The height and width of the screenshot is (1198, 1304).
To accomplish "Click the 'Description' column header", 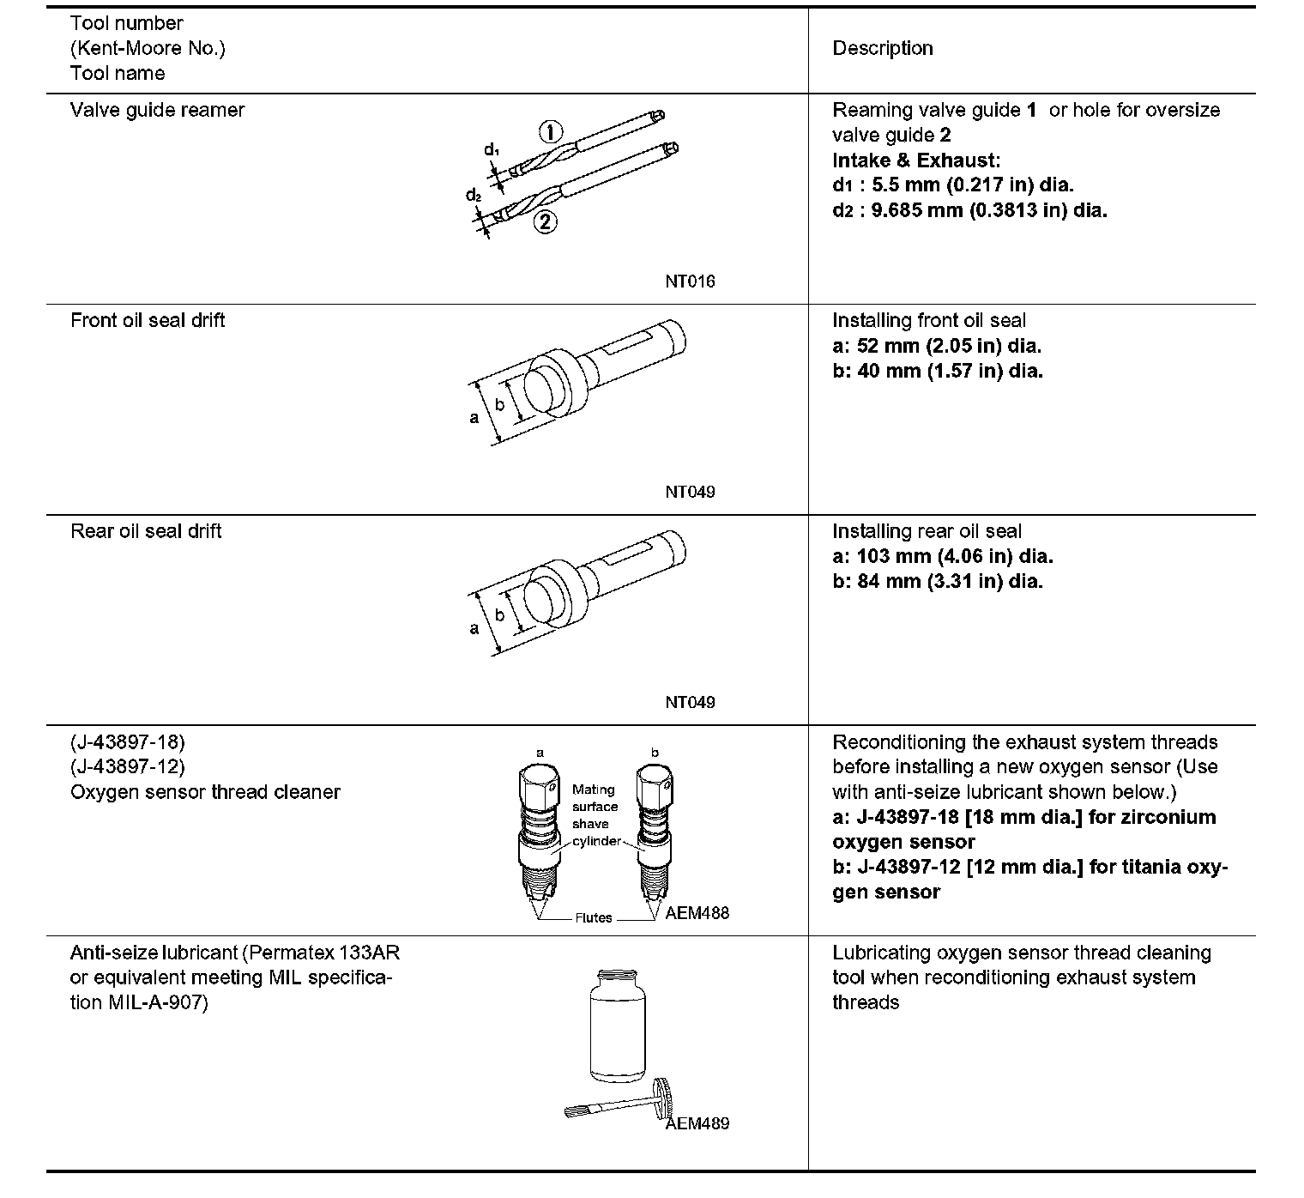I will tap(882, 48).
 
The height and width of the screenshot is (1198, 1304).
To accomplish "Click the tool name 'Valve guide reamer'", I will tap(157, 110).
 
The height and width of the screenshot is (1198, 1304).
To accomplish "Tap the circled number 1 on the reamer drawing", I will tap(550, 132).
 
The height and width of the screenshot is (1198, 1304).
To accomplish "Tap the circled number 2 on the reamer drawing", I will tap(545, 222).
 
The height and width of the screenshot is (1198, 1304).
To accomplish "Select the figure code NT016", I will tap(689, 281).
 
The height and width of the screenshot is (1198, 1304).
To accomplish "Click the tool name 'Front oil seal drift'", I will tap(148, 320).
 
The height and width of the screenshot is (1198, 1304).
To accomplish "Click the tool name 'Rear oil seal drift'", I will tap(146, 531).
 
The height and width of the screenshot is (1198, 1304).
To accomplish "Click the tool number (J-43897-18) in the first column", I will tap(127, 741).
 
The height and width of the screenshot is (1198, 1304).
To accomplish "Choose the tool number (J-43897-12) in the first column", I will tap(127, 766).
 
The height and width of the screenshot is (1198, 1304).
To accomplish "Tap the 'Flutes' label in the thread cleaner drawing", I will tap(594, 917).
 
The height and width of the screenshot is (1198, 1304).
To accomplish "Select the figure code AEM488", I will tap(697, 913).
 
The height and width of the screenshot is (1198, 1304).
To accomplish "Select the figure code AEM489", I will tap(697, 1124).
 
